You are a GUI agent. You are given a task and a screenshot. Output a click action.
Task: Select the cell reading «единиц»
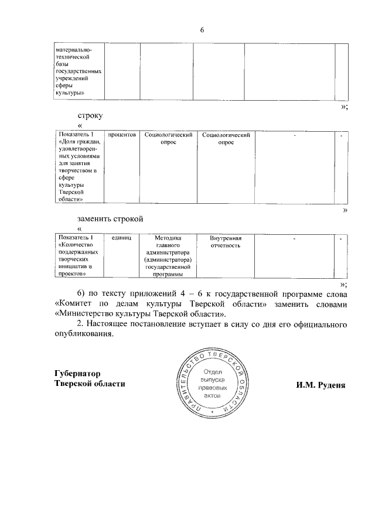(121, 238)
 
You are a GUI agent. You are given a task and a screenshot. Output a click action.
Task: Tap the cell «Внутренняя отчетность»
(226, 242)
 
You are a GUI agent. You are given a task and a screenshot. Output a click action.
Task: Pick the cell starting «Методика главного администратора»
(169, 256)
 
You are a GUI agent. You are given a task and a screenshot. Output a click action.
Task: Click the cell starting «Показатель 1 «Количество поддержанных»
(79, 256)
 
